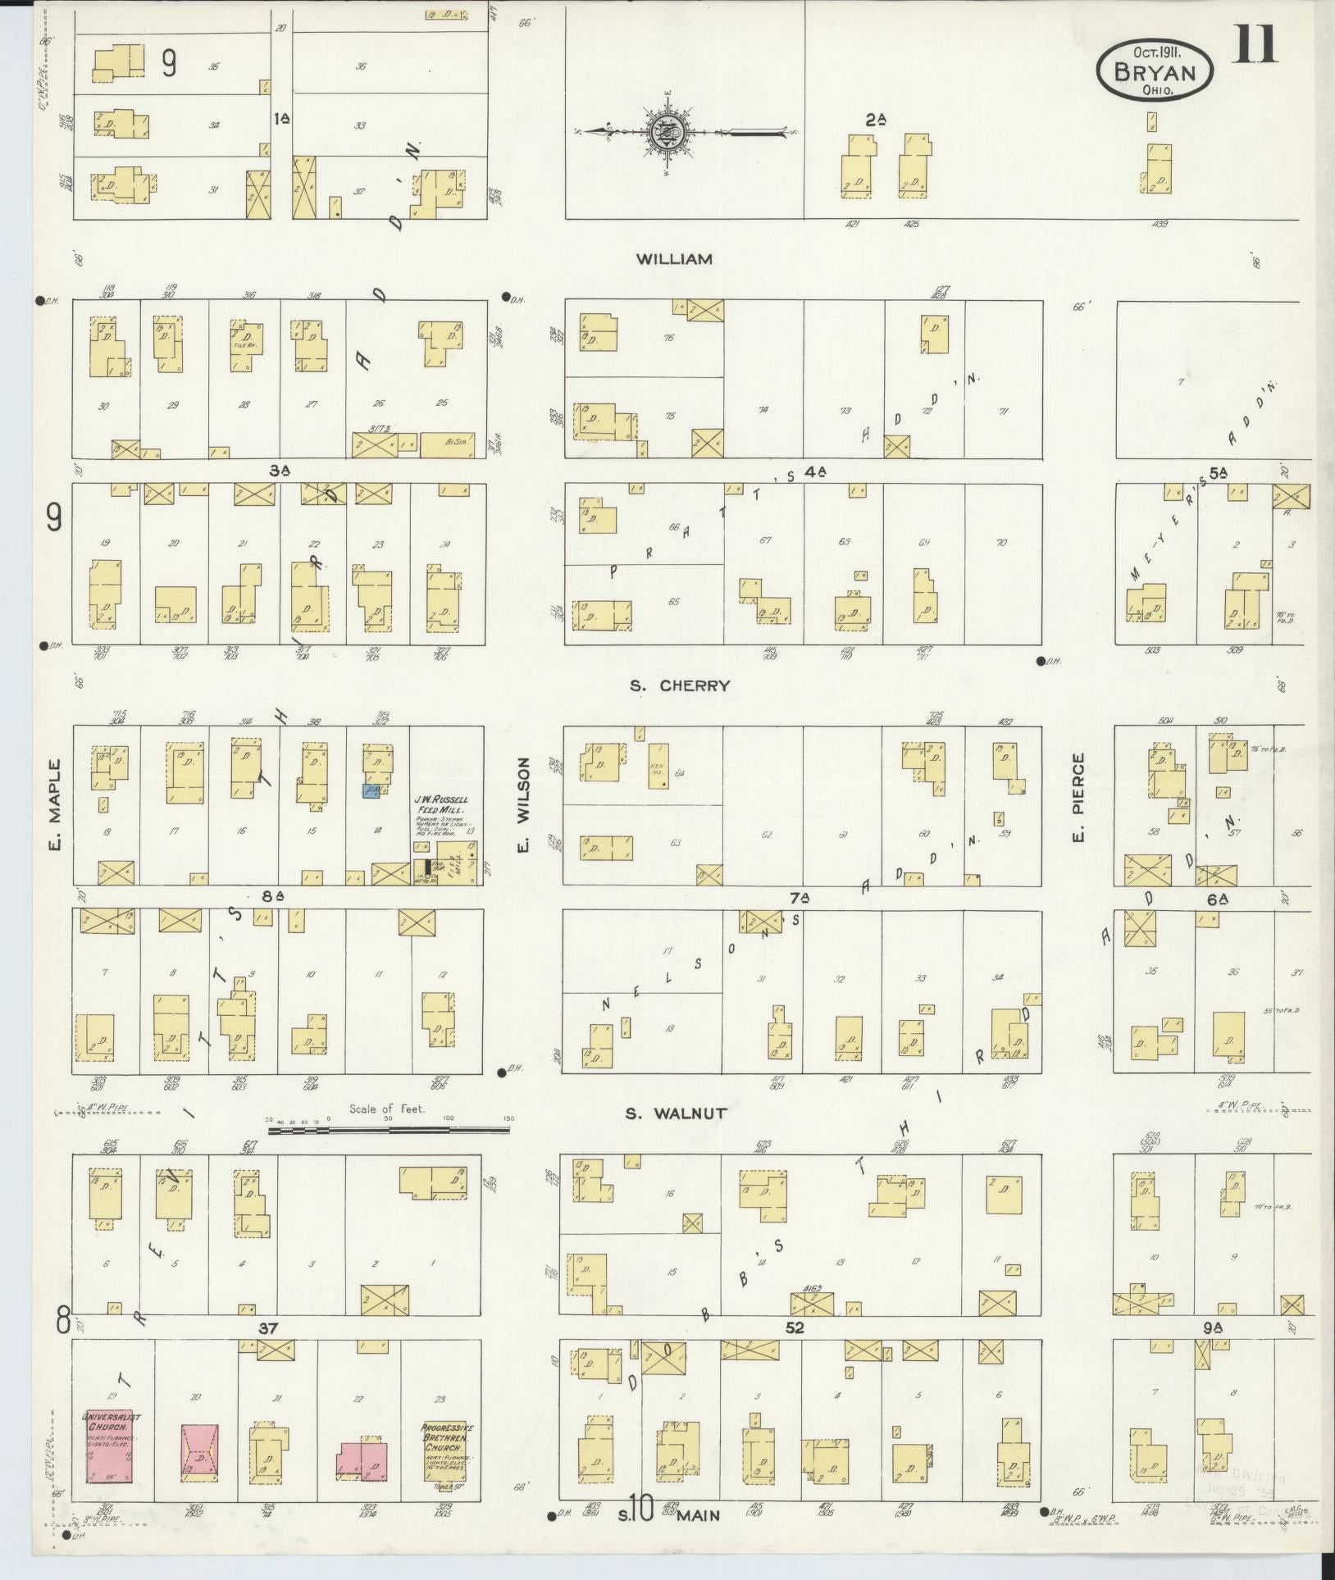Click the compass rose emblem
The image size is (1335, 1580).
[x=665, y=132]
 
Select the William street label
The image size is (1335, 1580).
[x=674, y=259]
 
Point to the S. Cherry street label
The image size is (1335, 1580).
[x=679, y=685]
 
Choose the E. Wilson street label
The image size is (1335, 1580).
[x=524, y=805]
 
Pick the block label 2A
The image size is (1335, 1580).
[x=876, y=120]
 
